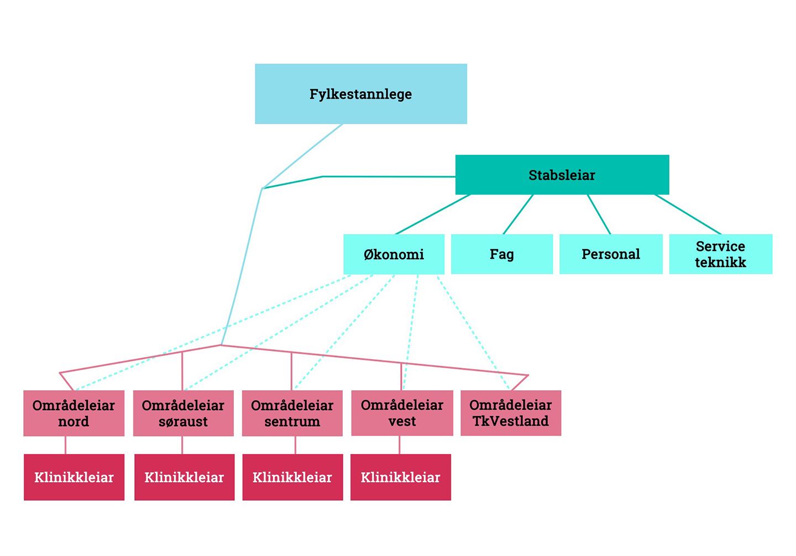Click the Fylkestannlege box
[x=360, y=94]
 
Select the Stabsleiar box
[x=562, y=175]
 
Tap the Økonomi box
[x=394, y=254]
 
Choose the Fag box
[x=501, y=254]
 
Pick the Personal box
[x=610, y=254]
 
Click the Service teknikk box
[x=720, y=254]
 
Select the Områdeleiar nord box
[x=74, y=413]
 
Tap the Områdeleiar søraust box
[x=183, y=413]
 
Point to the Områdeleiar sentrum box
[x=292, y=413]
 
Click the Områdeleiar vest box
[x=402, y=413]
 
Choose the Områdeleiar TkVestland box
[x=510, y=413]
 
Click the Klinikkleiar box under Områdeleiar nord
[x=74, y=478]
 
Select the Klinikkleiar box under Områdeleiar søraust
[x=184, y=478]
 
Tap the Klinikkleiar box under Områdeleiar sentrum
[x=292, y=478]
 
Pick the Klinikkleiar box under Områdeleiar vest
[x=400, y=478]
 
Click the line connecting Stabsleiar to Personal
[x=599, y=214]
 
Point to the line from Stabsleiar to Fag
[x=518, y=214]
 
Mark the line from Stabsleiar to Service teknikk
[x=688, y=214]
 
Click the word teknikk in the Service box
[x=720, y=263]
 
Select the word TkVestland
[x=510, y=421]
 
